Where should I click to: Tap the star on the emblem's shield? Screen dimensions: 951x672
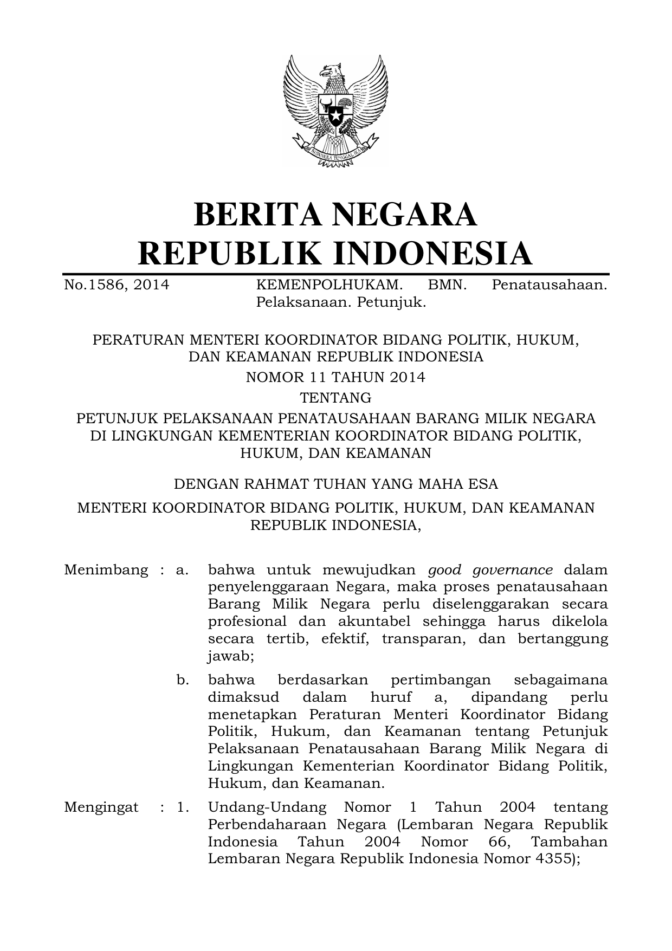(336, 115)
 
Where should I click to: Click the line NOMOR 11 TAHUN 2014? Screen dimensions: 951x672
(335, 377)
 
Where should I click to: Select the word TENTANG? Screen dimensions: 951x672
(335, 398)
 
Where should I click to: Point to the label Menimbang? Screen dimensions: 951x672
(106, 570)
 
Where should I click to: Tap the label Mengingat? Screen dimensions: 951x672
(101, 807)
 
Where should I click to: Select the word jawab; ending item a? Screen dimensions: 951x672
(231, 656)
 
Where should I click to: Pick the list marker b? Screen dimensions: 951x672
(183, 680)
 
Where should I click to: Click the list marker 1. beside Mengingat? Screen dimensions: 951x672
(183, 807)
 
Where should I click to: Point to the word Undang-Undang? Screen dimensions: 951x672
(267, 807)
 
